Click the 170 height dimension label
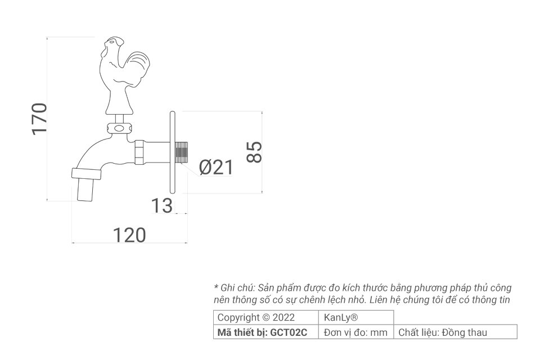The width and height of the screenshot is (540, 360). (39, 119)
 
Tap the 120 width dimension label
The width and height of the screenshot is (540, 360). (129, 235)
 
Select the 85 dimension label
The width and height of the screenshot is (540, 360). (254, 152)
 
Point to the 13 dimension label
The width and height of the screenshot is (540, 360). (162, 206)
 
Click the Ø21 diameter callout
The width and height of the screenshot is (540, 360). (216, 168)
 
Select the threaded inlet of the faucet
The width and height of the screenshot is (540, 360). (182, 152)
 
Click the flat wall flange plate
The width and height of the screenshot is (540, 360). (173, 152)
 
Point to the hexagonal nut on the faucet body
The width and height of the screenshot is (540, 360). (140, 152)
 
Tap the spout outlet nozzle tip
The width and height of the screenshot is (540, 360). (85, 191)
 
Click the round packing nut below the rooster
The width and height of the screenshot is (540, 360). (119, 128)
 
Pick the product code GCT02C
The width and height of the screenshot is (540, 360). (289, 332)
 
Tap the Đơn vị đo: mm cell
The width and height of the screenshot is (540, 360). (355, 332)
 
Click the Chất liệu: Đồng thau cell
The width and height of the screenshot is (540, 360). (455, 332)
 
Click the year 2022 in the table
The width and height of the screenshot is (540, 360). (283, 317)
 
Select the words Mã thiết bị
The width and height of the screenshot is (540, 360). (242, 333)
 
